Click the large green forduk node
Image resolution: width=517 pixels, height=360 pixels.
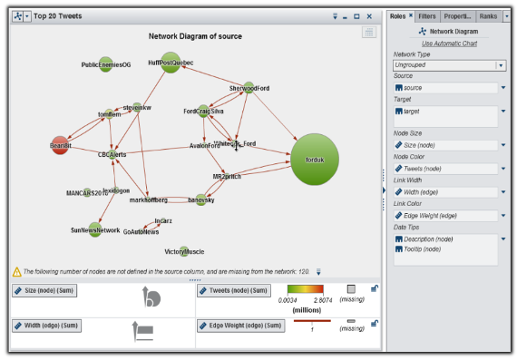tap(314, 160)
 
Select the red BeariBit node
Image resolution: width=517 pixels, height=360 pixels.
tap(60, 145)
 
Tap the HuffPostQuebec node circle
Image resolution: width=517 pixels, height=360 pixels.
tap(170, 63)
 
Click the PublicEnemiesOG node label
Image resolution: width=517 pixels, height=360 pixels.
tap(105, 65)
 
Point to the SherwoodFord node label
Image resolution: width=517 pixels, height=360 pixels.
tap(249, 88)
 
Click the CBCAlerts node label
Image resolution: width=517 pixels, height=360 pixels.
tap(112, 155)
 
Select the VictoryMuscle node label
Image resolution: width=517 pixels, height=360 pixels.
tap(184, 251)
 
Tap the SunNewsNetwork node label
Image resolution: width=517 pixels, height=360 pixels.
tap(95, 230)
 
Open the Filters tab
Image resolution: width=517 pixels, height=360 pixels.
tap(427, 16)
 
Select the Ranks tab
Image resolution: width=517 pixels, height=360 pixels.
tap(488, 16)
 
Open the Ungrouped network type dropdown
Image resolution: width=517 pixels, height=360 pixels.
tap(500, 65)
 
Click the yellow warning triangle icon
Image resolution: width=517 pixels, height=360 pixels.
tap(16, 271)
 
